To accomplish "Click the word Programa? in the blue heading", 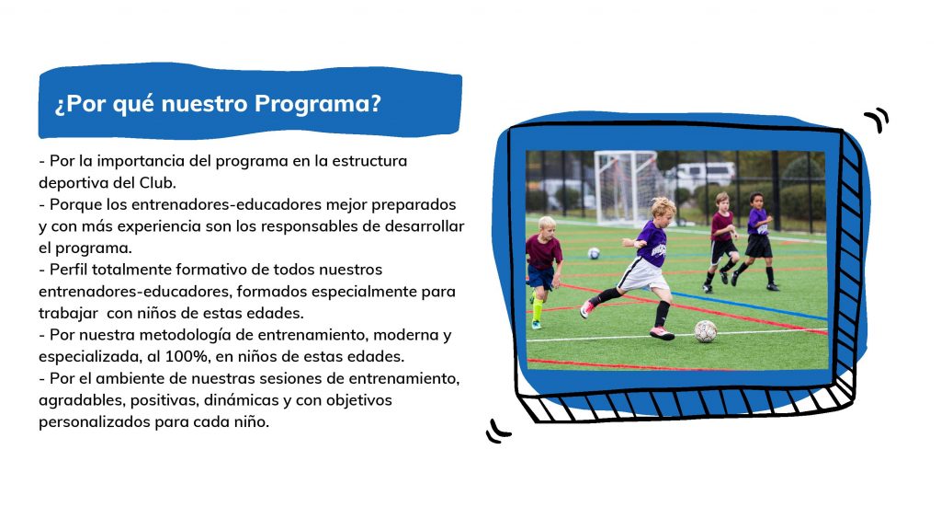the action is [x=317, y=104].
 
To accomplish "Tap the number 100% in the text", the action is [x=187, y=356].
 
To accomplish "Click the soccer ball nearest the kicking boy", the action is [x=705, y=331].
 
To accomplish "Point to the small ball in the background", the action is [x=593, y=253].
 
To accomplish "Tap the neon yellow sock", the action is [x=537, y=310].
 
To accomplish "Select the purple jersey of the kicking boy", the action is [x=652, y=244].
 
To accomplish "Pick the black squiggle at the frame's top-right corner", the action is [x=877, y=119].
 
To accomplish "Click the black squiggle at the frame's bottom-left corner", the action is [x=497, y=432].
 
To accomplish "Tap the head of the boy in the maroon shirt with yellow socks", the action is [x=547, y=225].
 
